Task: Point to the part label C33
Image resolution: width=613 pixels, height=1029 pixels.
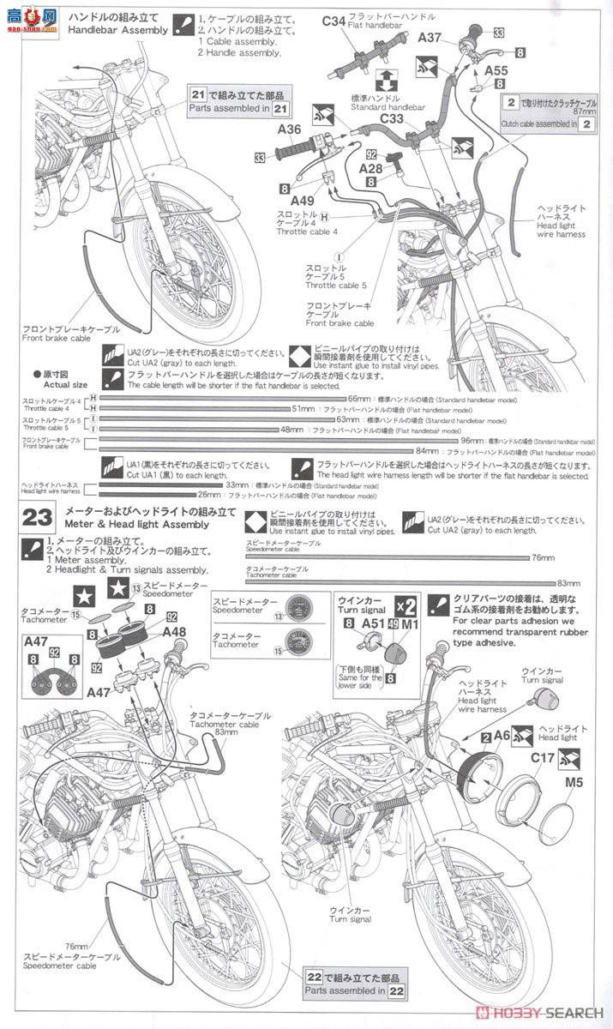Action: (x=392, y=118)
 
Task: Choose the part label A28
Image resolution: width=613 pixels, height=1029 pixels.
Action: (x=371, y=171)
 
